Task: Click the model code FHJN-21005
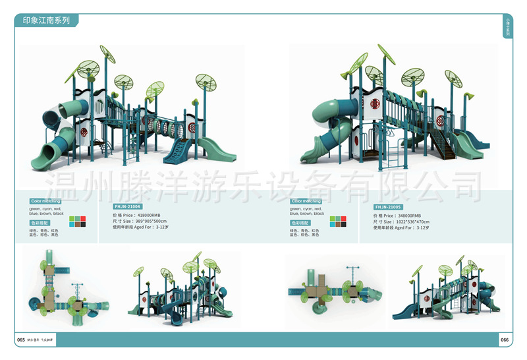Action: tap(389, 206)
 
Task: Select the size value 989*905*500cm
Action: tap(150, 221)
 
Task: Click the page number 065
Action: tap(21, 340)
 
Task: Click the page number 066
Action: tap(505, 340)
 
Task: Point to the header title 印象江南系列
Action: tap(46, 20)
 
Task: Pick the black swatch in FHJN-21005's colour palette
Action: tap(343, 224)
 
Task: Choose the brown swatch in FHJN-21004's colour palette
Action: tap(77, 224)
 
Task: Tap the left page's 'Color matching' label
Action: tap(45, 201)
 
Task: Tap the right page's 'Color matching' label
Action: tap(306, 201)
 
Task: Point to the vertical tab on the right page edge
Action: tap(507, 27)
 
